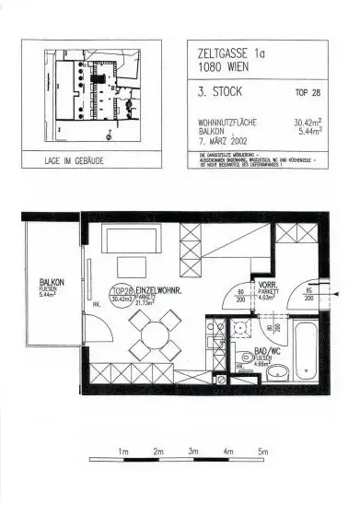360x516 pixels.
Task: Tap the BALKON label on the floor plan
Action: (52, 283)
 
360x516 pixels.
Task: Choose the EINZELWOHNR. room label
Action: (162, 292)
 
